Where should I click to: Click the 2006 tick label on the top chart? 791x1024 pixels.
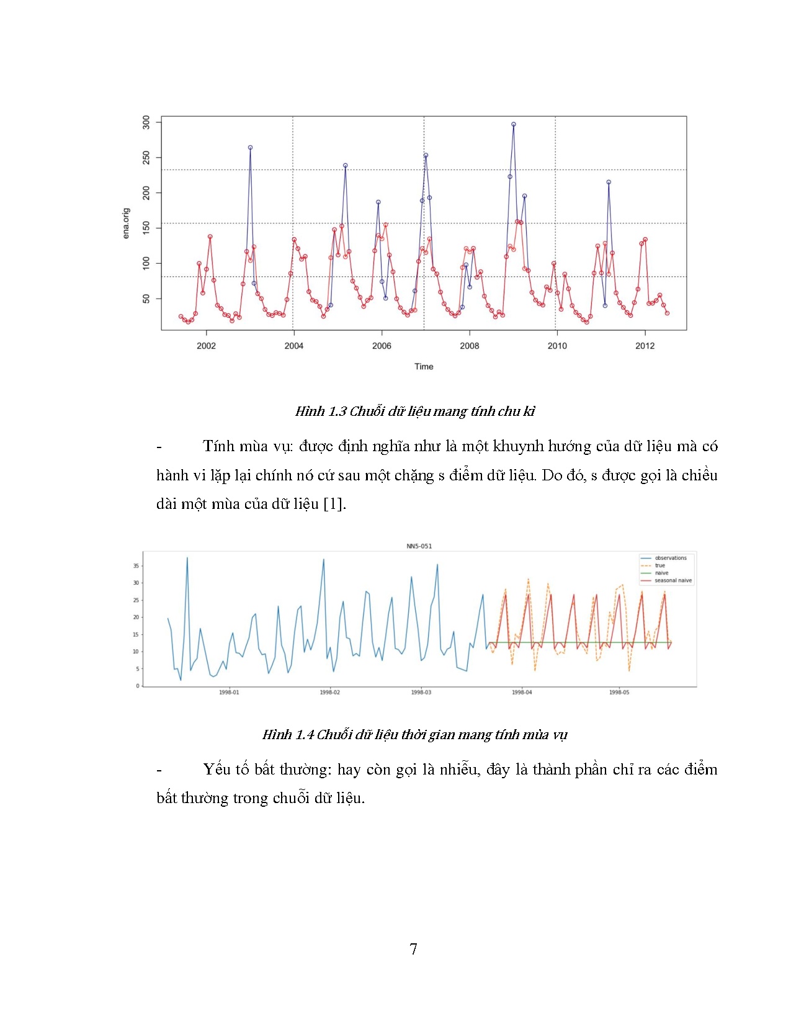(x=381, y=346)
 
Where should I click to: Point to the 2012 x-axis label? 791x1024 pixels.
(x=645, y=346)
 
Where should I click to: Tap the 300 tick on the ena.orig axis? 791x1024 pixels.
(x=146, y=122)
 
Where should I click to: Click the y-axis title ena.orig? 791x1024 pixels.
(x=126, y=223)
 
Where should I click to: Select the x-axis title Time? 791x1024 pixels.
(x=424, y=366)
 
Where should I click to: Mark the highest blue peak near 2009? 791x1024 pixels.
(x=514, y=124)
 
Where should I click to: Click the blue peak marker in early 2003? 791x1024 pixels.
(x=250, y=148)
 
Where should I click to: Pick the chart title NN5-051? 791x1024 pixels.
(x=419, y=546)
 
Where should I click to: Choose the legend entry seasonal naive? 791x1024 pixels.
(x=673, y=581)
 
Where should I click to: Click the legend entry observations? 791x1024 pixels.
(x=671, y=558)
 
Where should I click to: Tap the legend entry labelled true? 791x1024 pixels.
(x=660, y=565)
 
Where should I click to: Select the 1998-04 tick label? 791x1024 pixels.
(x=522, y=692)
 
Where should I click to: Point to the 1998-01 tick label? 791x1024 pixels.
(x=229, y=692)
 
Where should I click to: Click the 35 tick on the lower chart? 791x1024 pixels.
(x=136, y=566)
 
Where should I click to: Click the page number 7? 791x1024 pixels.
(x=413, y=949)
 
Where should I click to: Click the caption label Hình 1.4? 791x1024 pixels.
(x=288, y=735)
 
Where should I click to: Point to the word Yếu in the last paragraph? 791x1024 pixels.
(x=216, y=770)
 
